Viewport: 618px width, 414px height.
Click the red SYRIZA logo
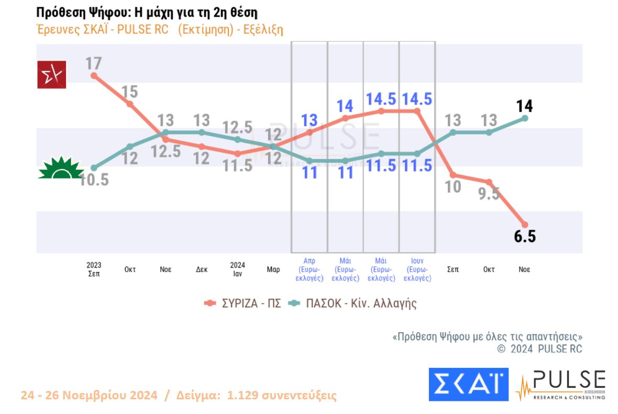[x=51, y=74]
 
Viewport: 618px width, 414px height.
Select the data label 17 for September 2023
[x=94, y=63]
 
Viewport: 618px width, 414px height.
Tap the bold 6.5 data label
[x=524, y=237]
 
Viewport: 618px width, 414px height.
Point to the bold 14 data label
[x=524, y=106]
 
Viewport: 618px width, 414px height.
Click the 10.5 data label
[x=94, y=180]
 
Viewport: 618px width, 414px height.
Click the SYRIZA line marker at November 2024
[x=524, y=225]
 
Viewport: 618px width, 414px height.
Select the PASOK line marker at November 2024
[x=524, y=118]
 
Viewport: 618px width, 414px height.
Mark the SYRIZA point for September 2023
[x=94, y=75]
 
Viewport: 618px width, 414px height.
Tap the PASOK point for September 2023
[x=94, y=167]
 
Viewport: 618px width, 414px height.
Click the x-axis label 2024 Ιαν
[x=237, y=268]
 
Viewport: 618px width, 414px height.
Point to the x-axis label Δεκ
[x=202, y=270]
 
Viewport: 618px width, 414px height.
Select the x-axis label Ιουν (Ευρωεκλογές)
[x=417, y=270]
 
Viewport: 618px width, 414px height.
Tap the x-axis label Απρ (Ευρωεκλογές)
[x=310, y=270]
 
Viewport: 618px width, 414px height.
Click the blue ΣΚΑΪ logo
[x=468, y=384]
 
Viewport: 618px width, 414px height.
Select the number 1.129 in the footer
[x=245, y=395]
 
